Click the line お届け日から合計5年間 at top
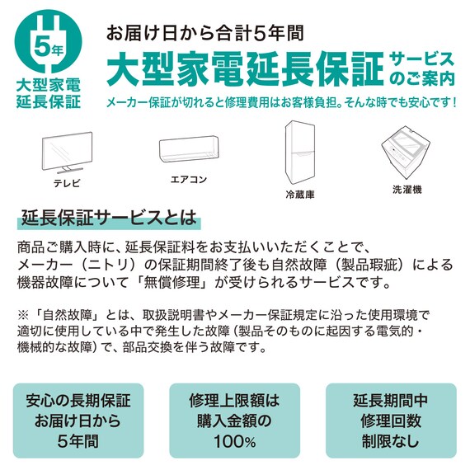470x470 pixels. (205, 34)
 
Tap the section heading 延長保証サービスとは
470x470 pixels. (109, 220)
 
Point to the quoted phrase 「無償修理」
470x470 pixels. (179, 284)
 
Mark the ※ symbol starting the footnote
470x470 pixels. (22, 315)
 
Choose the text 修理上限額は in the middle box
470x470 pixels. (234, 402)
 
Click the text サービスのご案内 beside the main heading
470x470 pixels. (421, 69)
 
